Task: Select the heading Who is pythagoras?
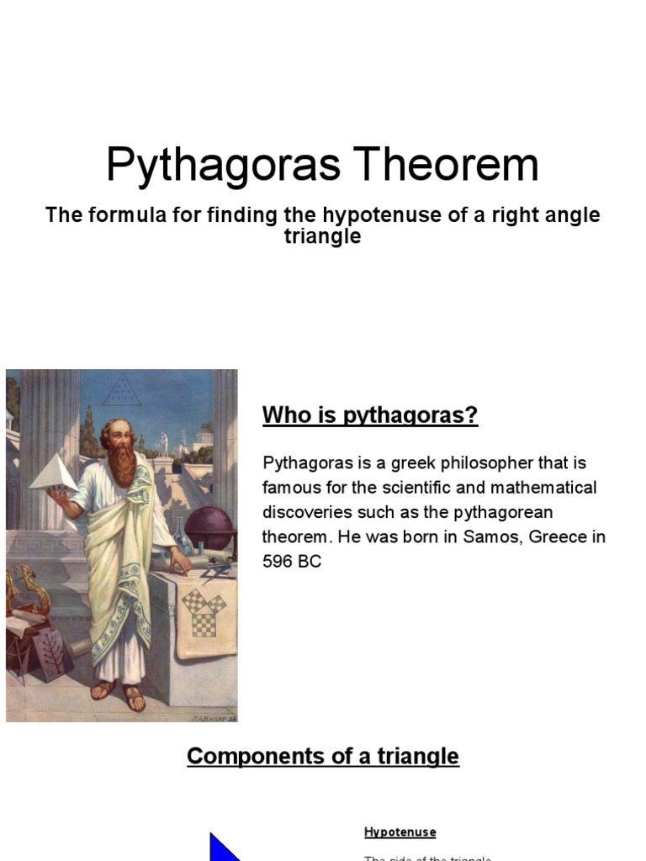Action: pyautogui.click(x=370, y=415)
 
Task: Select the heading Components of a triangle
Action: pyautogui.click(x=323, y=756)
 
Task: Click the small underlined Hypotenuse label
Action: pyautogui.click(x=400, y=832)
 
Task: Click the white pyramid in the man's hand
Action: pyautogui.click(x=53, y=473)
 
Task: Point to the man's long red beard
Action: pyautogui.click(x=124, y=462)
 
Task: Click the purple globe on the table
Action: pyautogui.click(x=208, y=528)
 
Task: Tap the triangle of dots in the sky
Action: pyautogui.click(x=124, y=391)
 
